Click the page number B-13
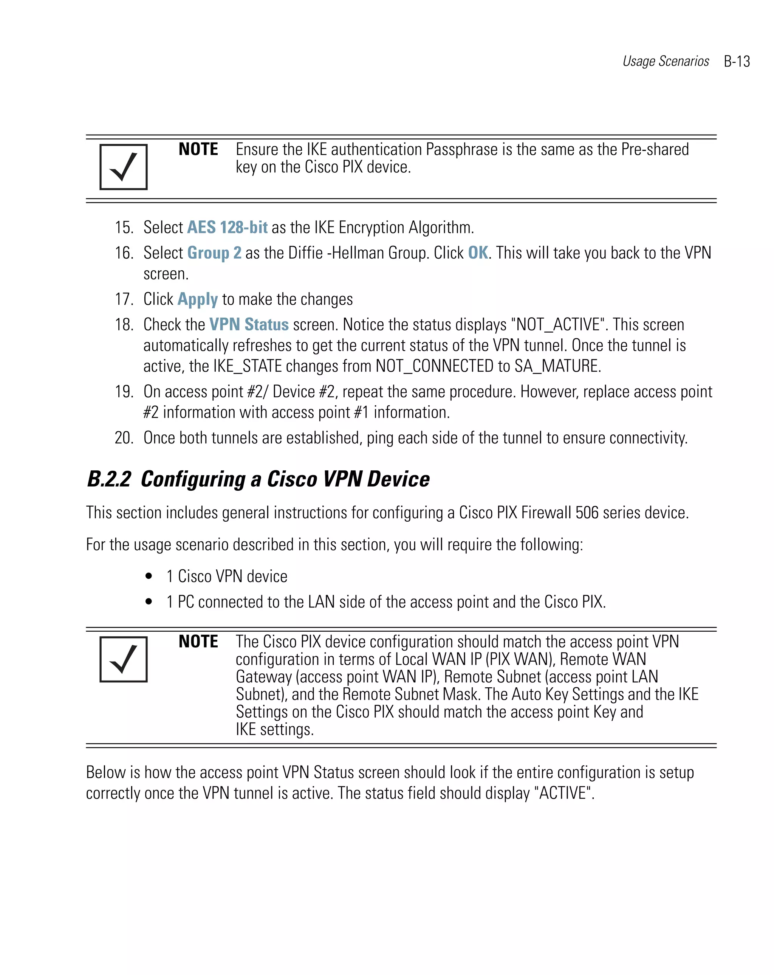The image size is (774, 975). click(x=736, y=62)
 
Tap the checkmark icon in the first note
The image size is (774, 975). click(x=124, y=167)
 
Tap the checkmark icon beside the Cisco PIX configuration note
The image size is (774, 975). click(x=124, y=659)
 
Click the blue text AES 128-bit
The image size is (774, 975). click(x=227, y=228)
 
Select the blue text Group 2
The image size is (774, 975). click(x=214, y=253)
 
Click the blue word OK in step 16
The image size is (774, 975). click(x=478, y=253)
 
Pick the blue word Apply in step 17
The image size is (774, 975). click(x=198, y=299)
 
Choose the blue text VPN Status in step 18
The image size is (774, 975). click(x=249, y=325)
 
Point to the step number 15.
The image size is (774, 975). click(x=124, y=228)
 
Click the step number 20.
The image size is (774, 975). click(x=124, y=438)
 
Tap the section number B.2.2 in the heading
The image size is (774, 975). click(x=109, y=479)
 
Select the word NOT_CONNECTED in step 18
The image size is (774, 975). click(x=434, y=366)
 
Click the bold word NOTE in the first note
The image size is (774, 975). click(x=198, y=149)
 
